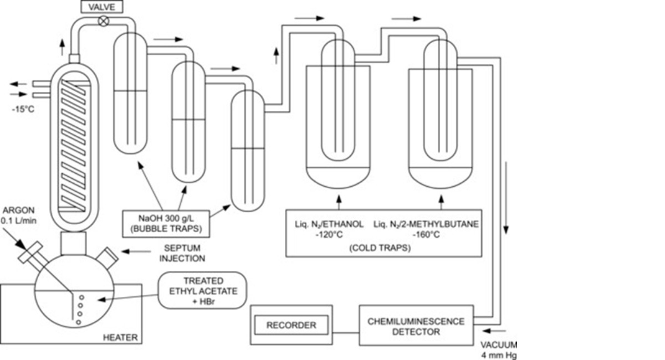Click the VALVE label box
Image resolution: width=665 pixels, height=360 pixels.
(x=101, y=7)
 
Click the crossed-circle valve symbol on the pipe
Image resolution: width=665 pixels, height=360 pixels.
(x=103, y=21)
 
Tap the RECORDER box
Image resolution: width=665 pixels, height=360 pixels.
(x=291, y=325)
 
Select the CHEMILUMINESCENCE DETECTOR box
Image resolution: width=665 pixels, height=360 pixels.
(x=416, y=326)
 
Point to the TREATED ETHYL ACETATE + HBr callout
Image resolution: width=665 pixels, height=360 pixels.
(x=202, y=289)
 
